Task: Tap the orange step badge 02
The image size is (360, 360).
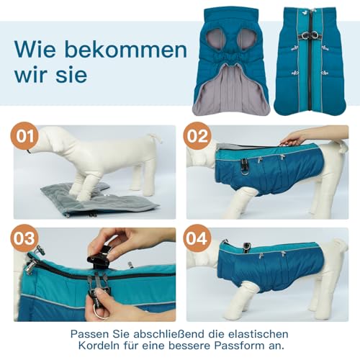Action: point(197,136)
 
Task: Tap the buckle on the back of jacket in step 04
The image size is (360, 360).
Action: point(247,247)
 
